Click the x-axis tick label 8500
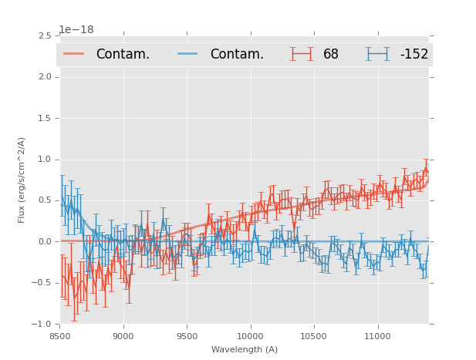pyautogui.click(x=59, y=336)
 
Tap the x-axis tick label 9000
pyautogui.click(x=123, y=336)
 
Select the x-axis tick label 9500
pyautogui.click(x=187, y=336)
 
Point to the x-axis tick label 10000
pyautogui.click(x=250, y=336)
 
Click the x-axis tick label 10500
pyautogui.click(x=314, y=336)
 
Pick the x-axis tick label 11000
pyautogui.click(x=377, y=336)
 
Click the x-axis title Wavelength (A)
pyautogui.click(x=245, y=349)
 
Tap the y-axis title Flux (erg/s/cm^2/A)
pyautogui.click(x=22, y=180)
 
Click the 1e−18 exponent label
pyautogui.click(x=76, y=30)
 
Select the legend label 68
pyautogui.click(x=331, y=54)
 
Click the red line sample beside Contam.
pyautogui.click(x=74, y=53)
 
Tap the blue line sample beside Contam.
pyautogui.click(x=187, y=53)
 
